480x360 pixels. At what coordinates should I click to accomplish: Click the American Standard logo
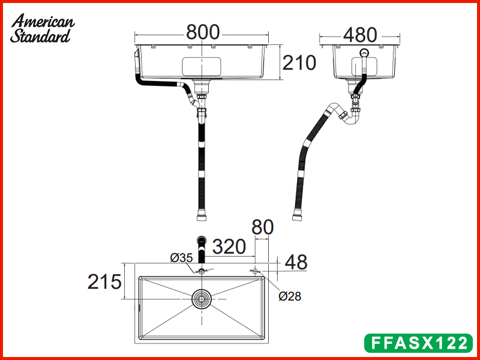(x=42, y=28)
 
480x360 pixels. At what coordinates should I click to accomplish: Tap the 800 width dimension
(x=203, y=32)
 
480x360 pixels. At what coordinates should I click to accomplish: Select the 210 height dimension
(x=299, y=62)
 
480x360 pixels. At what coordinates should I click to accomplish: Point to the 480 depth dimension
(x=359, y=35)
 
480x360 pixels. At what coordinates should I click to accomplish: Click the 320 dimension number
(x=229, y=246)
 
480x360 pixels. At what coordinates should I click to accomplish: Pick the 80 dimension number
(x=262, y=227)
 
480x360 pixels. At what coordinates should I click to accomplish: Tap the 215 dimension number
(x=105, y=281)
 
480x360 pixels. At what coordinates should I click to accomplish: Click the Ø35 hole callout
(x=181, y=258)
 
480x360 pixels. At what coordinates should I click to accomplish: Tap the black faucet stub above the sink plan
(x=202, y=251)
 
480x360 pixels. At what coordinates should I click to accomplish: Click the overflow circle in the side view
(x=364, y=53)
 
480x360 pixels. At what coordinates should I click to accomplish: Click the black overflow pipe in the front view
(x=159, y=85)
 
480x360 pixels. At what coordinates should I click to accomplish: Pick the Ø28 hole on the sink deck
(x=256, y=271)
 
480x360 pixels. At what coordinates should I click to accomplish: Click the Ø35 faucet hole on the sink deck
(x=202, y=272)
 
